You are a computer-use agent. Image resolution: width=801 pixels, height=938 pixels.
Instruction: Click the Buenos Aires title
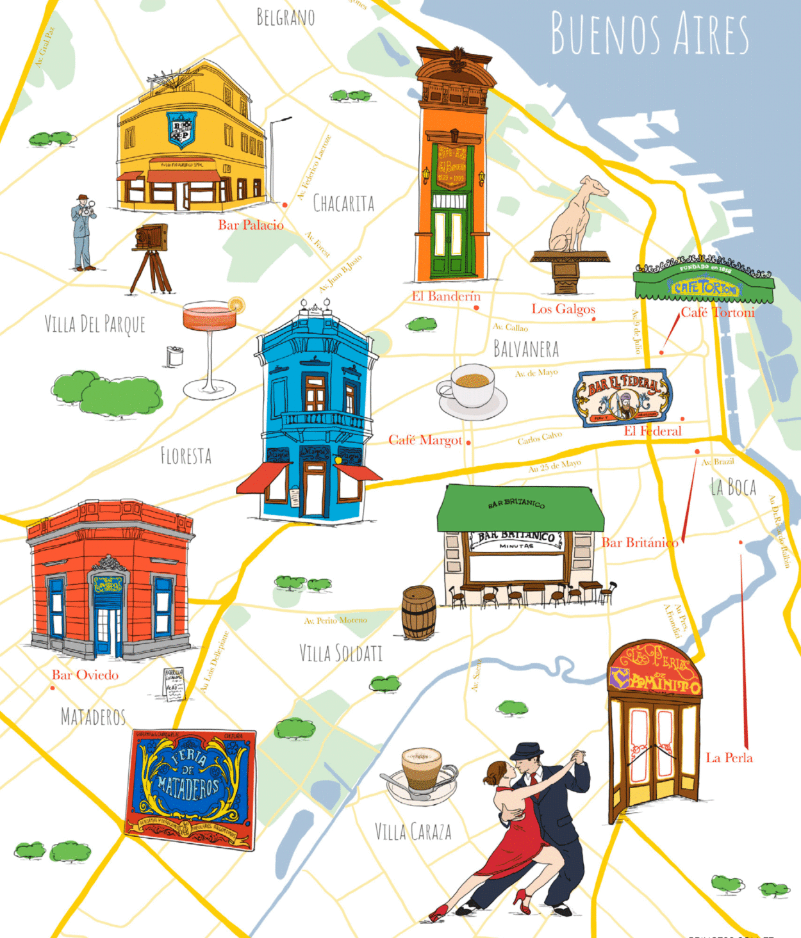coord(649,34)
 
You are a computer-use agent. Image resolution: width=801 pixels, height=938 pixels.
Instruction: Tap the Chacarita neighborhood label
coord(343,204)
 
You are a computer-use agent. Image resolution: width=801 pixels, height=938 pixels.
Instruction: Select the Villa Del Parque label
coord(95,324)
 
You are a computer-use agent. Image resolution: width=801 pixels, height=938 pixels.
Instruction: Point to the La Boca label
coord(734,487)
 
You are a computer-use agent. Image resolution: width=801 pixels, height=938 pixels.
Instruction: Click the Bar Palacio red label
coord(251,225)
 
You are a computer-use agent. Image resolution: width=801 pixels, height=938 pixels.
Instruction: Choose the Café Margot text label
coord(425,440)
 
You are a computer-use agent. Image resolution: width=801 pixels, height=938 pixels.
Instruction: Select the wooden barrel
coord(419,613)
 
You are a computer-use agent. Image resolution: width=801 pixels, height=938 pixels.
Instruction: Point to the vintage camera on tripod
coord(151,256)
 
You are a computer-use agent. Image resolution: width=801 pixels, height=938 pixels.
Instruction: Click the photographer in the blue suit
coord(82,233)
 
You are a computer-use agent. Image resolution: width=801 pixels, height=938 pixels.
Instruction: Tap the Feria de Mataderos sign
coord(191,788)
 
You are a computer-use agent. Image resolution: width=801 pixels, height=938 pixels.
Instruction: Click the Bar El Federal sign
coord(622,397)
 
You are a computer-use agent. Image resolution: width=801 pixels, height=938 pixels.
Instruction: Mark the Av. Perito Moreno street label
coord(336,620)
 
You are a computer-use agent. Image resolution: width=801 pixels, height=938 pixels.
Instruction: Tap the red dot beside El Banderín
coord(476,308)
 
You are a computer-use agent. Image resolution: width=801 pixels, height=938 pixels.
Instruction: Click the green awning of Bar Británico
coord(520,507)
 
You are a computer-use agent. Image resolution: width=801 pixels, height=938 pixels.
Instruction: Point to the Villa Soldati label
coord(341,654)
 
